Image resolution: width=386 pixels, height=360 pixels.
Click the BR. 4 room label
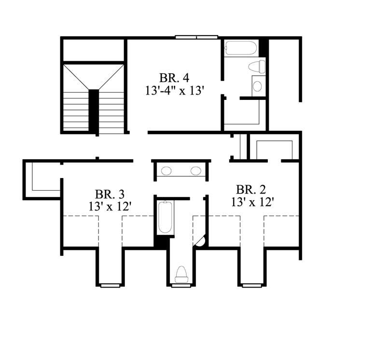click(173, 78)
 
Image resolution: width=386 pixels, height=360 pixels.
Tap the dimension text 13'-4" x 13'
click(173, 91)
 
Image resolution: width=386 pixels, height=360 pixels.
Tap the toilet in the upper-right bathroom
click(257, 67)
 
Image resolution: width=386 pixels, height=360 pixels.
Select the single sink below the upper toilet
click(258, 86)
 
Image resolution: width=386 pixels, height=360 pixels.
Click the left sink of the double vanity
click(166, 170)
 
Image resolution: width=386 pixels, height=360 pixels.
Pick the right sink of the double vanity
click(195, 170)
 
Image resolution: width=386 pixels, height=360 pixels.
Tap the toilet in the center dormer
click(181, 274)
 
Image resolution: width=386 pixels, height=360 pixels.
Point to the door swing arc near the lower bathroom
click(201, 241)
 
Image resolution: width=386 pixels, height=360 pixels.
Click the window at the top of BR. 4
click(196, 37)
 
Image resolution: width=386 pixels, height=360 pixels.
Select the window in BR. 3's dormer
click(110, 285)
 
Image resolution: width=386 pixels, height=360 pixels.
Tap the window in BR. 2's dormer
click(251, 285)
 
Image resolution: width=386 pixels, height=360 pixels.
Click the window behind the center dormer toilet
click(181, 285)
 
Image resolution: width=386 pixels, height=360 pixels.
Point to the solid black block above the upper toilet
click(263, 47)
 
